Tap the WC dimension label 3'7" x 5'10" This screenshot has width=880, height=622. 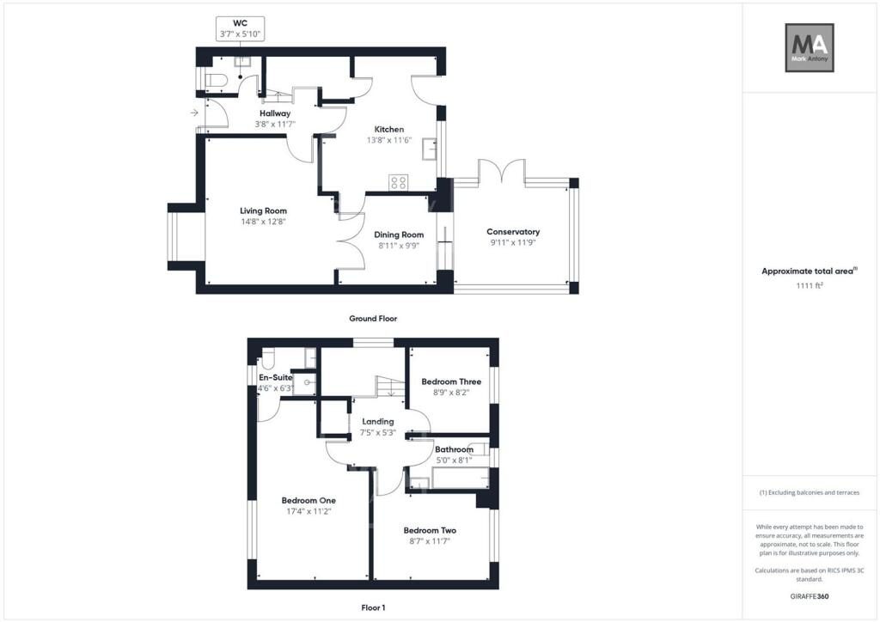[x=240, y=34]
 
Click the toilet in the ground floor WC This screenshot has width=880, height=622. [x=216, y=81]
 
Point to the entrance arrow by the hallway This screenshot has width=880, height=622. [x=194, y=113]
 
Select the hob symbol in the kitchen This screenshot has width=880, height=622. [x=399, y=182]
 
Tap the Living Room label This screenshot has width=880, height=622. [x=263, y=210]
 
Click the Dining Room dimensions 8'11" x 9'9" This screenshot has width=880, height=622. [x=399, y=246]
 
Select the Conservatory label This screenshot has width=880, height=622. [x=513, y=232]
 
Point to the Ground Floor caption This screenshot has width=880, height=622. [x=373, y=319]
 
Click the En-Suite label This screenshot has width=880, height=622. [x=276, y=378]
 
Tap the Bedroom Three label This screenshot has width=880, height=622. [x=451, y=381]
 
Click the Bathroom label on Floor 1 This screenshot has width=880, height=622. [x=454, y=449]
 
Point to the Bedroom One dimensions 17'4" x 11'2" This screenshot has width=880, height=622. [x=309, y=511]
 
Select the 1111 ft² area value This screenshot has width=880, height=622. [x=810, y=285]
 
